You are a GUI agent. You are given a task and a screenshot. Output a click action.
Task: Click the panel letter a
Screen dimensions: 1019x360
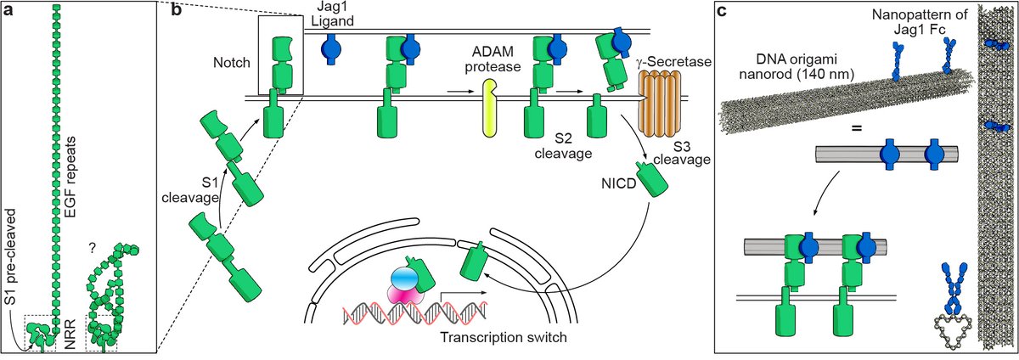(8, 10)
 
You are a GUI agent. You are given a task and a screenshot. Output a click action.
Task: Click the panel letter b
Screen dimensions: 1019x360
(176, 10)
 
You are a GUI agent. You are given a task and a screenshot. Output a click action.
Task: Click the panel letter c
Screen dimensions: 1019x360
(722, 11)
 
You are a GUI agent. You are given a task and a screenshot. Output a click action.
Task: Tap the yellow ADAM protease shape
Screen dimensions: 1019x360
(489, 108)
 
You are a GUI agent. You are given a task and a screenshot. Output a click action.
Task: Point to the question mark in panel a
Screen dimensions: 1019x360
(93, 248)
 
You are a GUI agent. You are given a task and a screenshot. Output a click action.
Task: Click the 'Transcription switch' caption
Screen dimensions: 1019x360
(504, 337)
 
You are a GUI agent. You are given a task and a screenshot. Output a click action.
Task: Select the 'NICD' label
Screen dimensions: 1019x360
(618, 184)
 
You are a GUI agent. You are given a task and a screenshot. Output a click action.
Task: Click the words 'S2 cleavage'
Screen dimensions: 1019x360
(563, 146)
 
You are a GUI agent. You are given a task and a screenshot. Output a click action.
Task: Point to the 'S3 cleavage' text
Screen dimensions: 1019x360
(682, 152)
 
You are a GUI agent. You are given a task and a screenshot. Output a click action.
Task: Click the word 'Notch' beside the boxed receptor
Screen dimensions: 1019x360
(232, 62)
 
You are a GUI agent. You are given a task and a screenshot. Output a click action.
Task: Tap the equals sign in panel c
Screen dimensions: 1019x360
(857, 129)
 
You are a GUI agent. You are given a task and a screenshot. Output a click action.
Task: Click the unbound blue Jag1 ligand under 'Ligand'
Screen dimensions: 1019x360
(332, 50)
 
